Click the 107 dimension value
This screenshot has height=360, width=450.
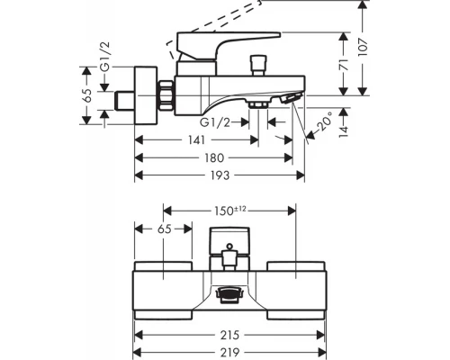tap(363, 47)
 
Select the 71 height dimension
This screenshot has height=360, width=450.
tap(344, 65)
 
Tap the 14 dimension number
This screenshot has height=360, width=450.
tap(344, 130)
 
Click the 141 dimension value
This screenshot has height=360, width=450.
tap(196, 139)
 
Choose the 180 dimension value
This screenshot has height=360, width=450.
tap(214, 157)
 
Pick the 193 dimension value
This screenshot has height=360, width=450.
tap(220, 175)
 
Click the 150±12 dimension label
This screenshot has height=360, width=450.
tap(230, 211)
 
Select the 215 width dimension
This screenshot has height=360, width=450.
tap(229, 335)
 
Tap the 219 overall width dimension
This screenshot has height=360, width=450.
tap(229, 352)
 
